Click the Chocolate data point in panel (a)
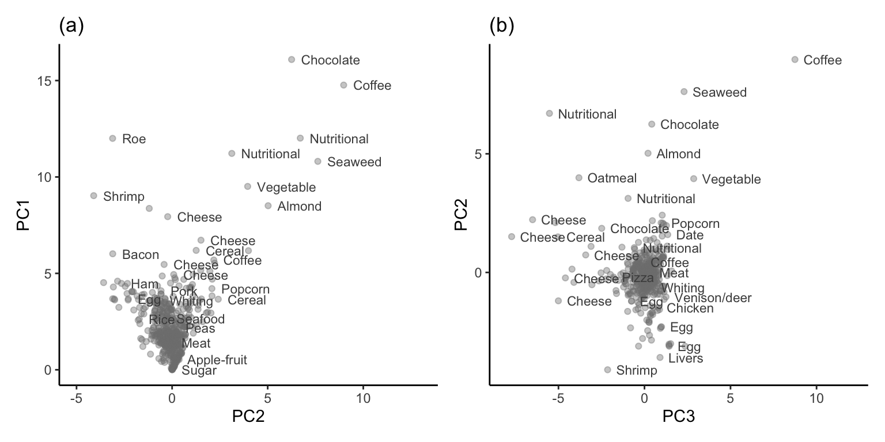click(x=292, y=60)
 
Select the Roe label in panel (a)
click(x=134, y=139)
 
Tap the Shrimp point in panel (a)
click(x=94, y=196)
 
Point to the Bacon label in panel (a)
click(x=141, y=254)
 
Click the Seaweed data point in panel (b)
click(x=684, y=92)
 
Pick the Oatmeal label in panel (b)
click(x=612, y=178)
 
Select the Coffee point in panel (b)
click(x=795, y=60)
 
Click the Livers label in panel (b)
click(x=686, y=359)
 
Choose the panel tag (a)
click(x=72, y=26)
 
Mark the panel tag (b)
click(x=501, y=26)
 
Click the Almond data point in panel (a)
click(x=268, y=206)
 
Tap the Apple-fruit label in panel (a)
click(x=217, y=360)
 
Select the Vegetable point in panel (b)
click(x=694, y=179)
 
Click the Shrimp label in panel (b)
click(x=637, y=370)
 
